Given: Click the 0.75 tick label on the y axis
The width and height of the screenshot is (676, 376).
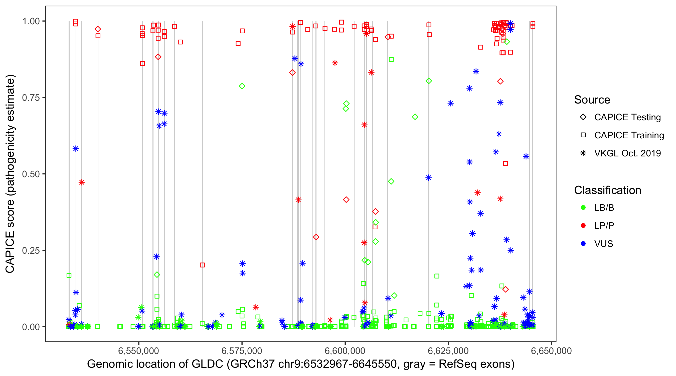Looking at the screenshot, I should [x=31, y=98].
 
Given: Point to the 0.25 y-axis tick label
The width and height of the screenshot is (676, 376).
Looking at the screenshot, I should [x=31, y=250].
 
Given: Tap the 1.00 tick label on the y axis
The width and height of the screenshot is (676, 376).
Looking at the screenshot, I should [x=31, y=21].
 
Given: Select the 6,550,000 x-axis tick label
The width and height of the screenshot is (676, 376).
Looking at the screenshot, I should [x=138, y=351].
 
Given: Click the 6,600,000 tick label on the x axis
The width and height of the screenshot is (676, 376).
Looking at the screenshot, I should [x=345, y=351].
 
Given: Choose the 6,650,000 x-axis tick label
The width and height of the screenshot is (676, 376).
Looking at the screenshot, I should [x=551, y=351].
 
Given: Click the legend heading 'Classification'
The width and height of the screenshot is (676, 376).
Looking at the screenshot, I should [x=607, y=190].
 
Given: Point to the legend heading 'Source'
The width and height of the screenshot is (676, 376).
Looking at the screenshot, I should [x=592, y=100].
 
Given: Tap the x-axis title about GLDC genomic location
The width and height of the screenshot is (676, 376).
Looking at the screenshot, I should [x=301, y=364].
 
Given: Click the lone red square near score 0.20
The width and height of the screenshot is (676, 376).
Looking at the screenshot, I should [x=202, y=265].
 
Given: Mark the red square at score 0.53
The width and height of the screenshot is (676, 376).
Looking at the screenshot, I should [x=505, y=163].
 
